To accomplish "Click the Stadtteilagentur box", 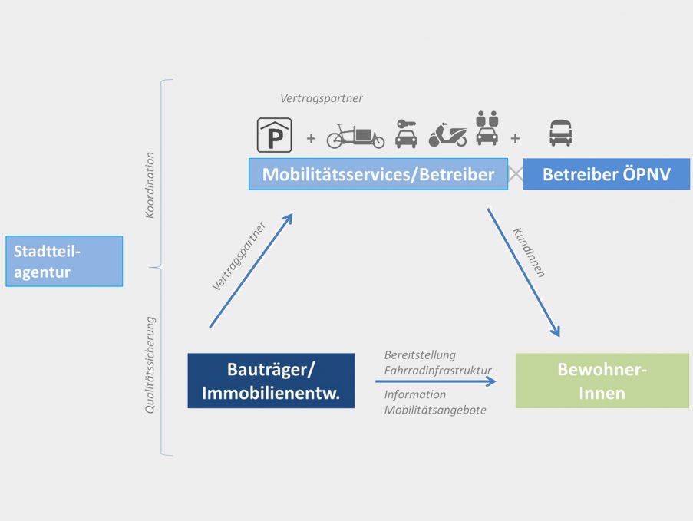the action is (64, 261).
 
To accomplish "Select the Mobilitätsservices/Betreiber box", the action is (378, 174).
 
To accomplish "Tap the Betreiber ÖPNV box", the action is (606, 174).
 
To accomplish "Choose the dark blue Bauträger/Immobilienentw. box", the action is (271, 381).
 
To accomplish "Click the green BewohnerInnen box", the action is (602, 381).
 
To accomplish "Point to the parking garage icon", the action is (275, 135).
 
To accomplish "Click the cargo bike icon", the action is (355, 136).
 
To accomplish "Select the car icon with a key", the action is (406, 134).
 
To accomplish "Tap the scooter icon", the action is (447, 135).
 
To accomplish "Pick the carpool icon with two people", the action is (487, 128).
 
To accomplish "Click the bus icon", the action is (560, 133).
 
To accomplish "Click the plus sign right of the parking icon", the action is (311, 139).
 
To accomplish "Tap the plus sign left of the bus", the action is (515, 139).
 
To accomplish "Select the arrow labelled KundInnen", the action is (523, 272).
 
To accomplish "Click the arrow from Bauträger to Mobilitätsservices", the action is (251, 270).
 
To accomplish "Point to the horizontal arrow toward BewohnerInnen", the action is (436, 381).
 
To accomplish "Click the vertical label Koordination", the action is (150, 185).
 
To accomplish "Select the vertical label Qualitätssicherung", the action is (150, 365).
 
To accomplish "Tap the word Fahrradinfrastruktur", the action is (437, 371).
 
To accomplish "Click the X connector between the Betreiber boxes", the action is (516, 174).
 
